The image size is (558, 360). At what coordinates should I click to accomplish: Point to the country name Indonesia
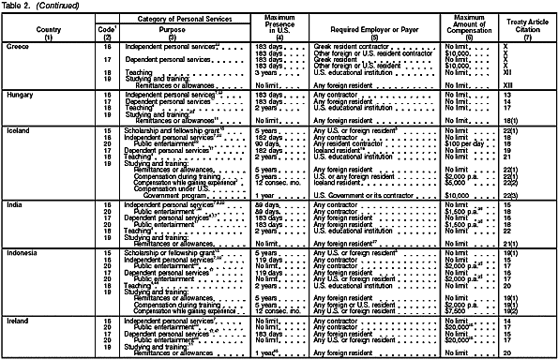click(23, 243)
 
